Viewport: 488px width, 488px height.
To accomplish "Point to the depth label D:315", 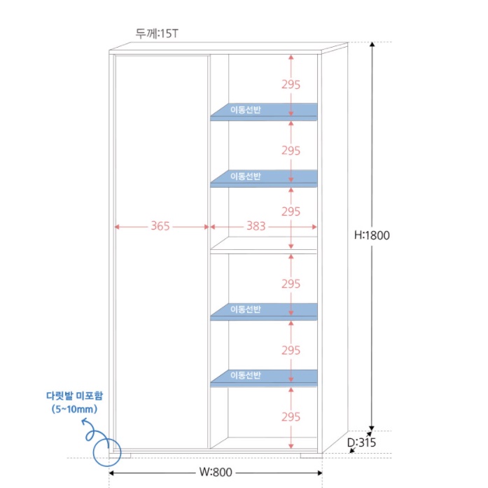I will [x=362, y=442].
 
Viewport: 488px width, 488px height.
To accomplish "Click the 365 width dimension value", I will [x=160, y=226].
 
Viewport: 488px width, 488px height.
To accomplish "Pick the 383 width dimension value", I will [x=256, y=226].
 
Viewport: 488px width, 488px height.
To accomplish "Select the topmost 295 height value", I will [x=291, y=84].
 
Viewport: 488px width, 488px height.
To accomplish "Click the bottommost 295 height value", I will [x=291, y=417].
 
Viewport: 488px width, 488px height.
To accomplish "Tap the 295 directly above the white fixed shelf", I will [x=291, y=211].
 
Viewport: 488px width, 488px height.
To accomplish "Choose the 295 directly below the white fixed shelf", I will [x=291, y=284].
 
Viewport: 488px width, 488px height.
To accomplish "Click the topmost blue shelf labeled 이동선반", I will [x=265, y=111].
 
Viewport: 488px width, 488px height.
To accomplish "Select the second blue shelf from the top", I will [x=265, y=178].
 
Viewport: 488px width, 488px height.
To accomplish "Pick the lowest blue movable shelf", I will [x=265, y=377].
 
